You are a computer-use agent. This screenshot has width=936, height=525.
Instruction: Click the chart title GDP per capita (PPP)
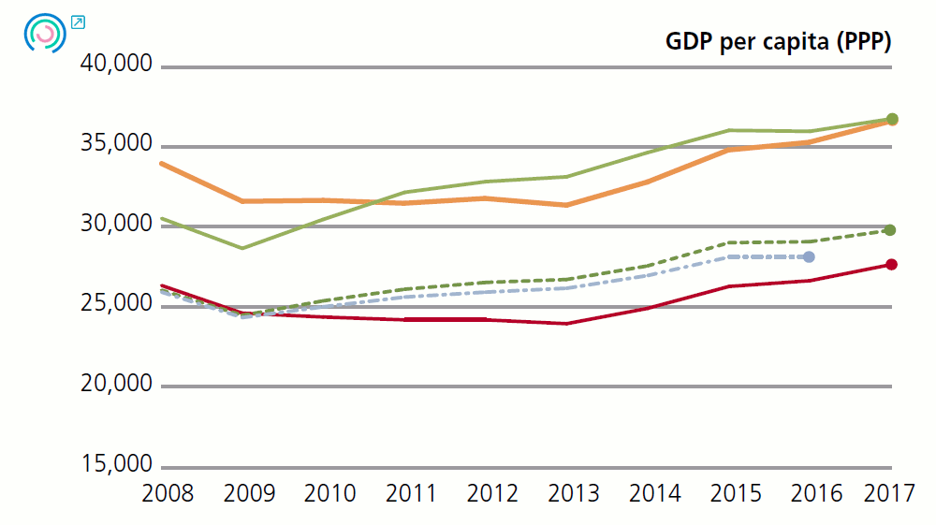coord(778,42)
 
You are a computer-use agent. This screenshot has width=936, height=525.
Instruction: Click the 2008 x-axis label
coord(168,493)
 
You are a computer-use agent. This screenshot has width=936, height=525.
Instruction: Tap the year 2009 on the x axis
coord(248,493)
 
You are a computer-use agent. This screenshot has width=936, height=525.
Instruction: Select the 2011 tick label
coord(411,493)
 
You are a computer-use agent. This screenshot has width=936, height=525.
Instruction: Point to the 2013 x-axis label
coord(573,493)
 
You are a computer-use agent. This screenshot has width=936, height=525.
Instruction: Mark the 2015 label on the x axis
coord(735,493)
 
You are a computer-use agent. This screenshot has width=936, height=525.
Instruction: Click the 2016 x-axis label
coord(816,493)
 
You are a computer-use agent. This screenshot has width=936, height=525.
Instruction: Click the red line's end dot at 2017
coord(892,265)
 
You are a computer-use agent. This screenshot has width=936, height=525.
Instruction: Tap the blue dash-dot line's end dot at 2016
coord(810,256)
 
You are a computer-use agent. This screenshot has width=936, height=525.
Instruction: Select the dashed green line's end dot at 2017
coord(891,230)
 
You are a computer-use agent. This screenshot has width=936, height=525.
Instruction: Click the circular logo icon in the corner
coord(44,34)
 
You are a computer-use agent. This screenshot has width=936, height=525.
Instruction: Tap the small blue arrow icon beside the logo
coord(78,22)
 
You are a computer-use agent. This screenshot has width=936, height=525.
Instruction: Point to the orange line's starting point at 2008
coord(162,164)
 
